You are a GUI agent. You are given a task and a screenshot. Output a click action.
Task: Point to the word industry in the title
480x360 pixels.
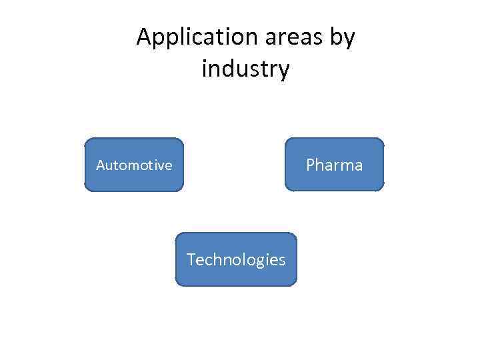(x=245, y=69)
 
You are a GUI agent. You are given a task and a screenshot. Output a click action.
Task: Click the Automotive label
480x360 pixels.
(x=134, y=165)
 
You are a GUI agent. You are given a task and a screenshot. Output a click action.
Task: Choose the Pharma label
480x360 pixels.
(x=334, y=165)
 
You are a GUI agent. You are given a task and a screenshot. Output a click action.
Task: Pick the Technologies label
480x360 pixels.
(x=236, y=259)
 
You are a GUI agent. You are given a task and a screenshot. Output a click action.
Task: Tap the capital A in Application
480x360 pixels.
(x=144, y=37)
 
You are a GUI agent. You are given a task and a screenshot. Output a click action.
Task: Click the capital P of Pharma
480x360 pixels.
(x=311, y=165)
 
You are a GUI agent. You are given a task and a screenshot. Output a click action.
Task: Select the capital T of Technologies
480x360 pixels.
(x=191, y=259)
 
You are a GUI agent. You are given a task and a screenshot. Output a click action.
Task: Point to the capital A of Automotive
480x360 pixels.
(x=101, y=165)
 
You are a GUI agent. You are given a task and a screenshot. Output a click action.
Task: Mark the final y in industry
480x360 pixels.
(x=284, y=71)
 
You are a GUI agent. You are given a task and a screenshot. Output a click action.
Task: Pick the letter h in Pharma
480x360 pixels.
(x=320, y=165)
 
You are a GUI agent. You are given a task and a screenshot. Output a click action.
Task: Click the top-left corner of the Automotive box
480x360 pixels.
(x=85, y=139)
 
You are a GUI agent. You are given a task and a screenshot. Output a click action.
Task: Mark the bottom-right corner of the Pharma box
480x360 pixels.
(x=383, y=191)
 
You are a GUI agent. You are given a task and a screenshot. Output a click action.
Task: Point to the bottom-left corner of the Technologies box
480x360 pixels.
(x=176, y=285)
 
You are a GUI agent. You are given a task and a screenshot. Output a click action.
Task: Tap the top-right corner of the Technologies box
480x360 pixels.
(x=295, y=233)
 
